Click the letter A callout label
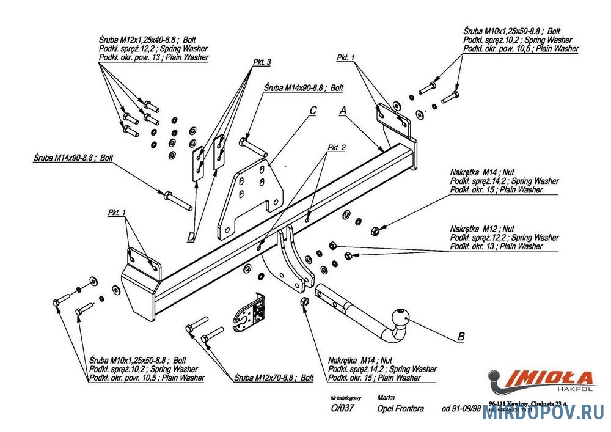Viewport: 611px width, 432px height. (343, 111)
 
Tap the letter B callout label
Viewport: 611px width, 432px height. (461, 337)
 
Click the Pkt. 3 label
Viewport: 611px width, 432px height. (261, 62)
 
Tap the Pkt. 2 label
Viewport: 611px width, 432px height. (337, 148)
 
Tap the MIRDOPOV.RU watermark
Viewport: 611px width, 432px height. (543, 413)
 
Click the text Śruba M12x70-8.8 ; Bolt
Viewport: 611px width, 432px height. (274, 378)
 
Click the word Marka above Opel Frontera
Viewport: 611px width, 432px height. (386, 397)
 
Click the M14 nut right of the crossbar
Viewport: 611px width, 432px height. (376, 230)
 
